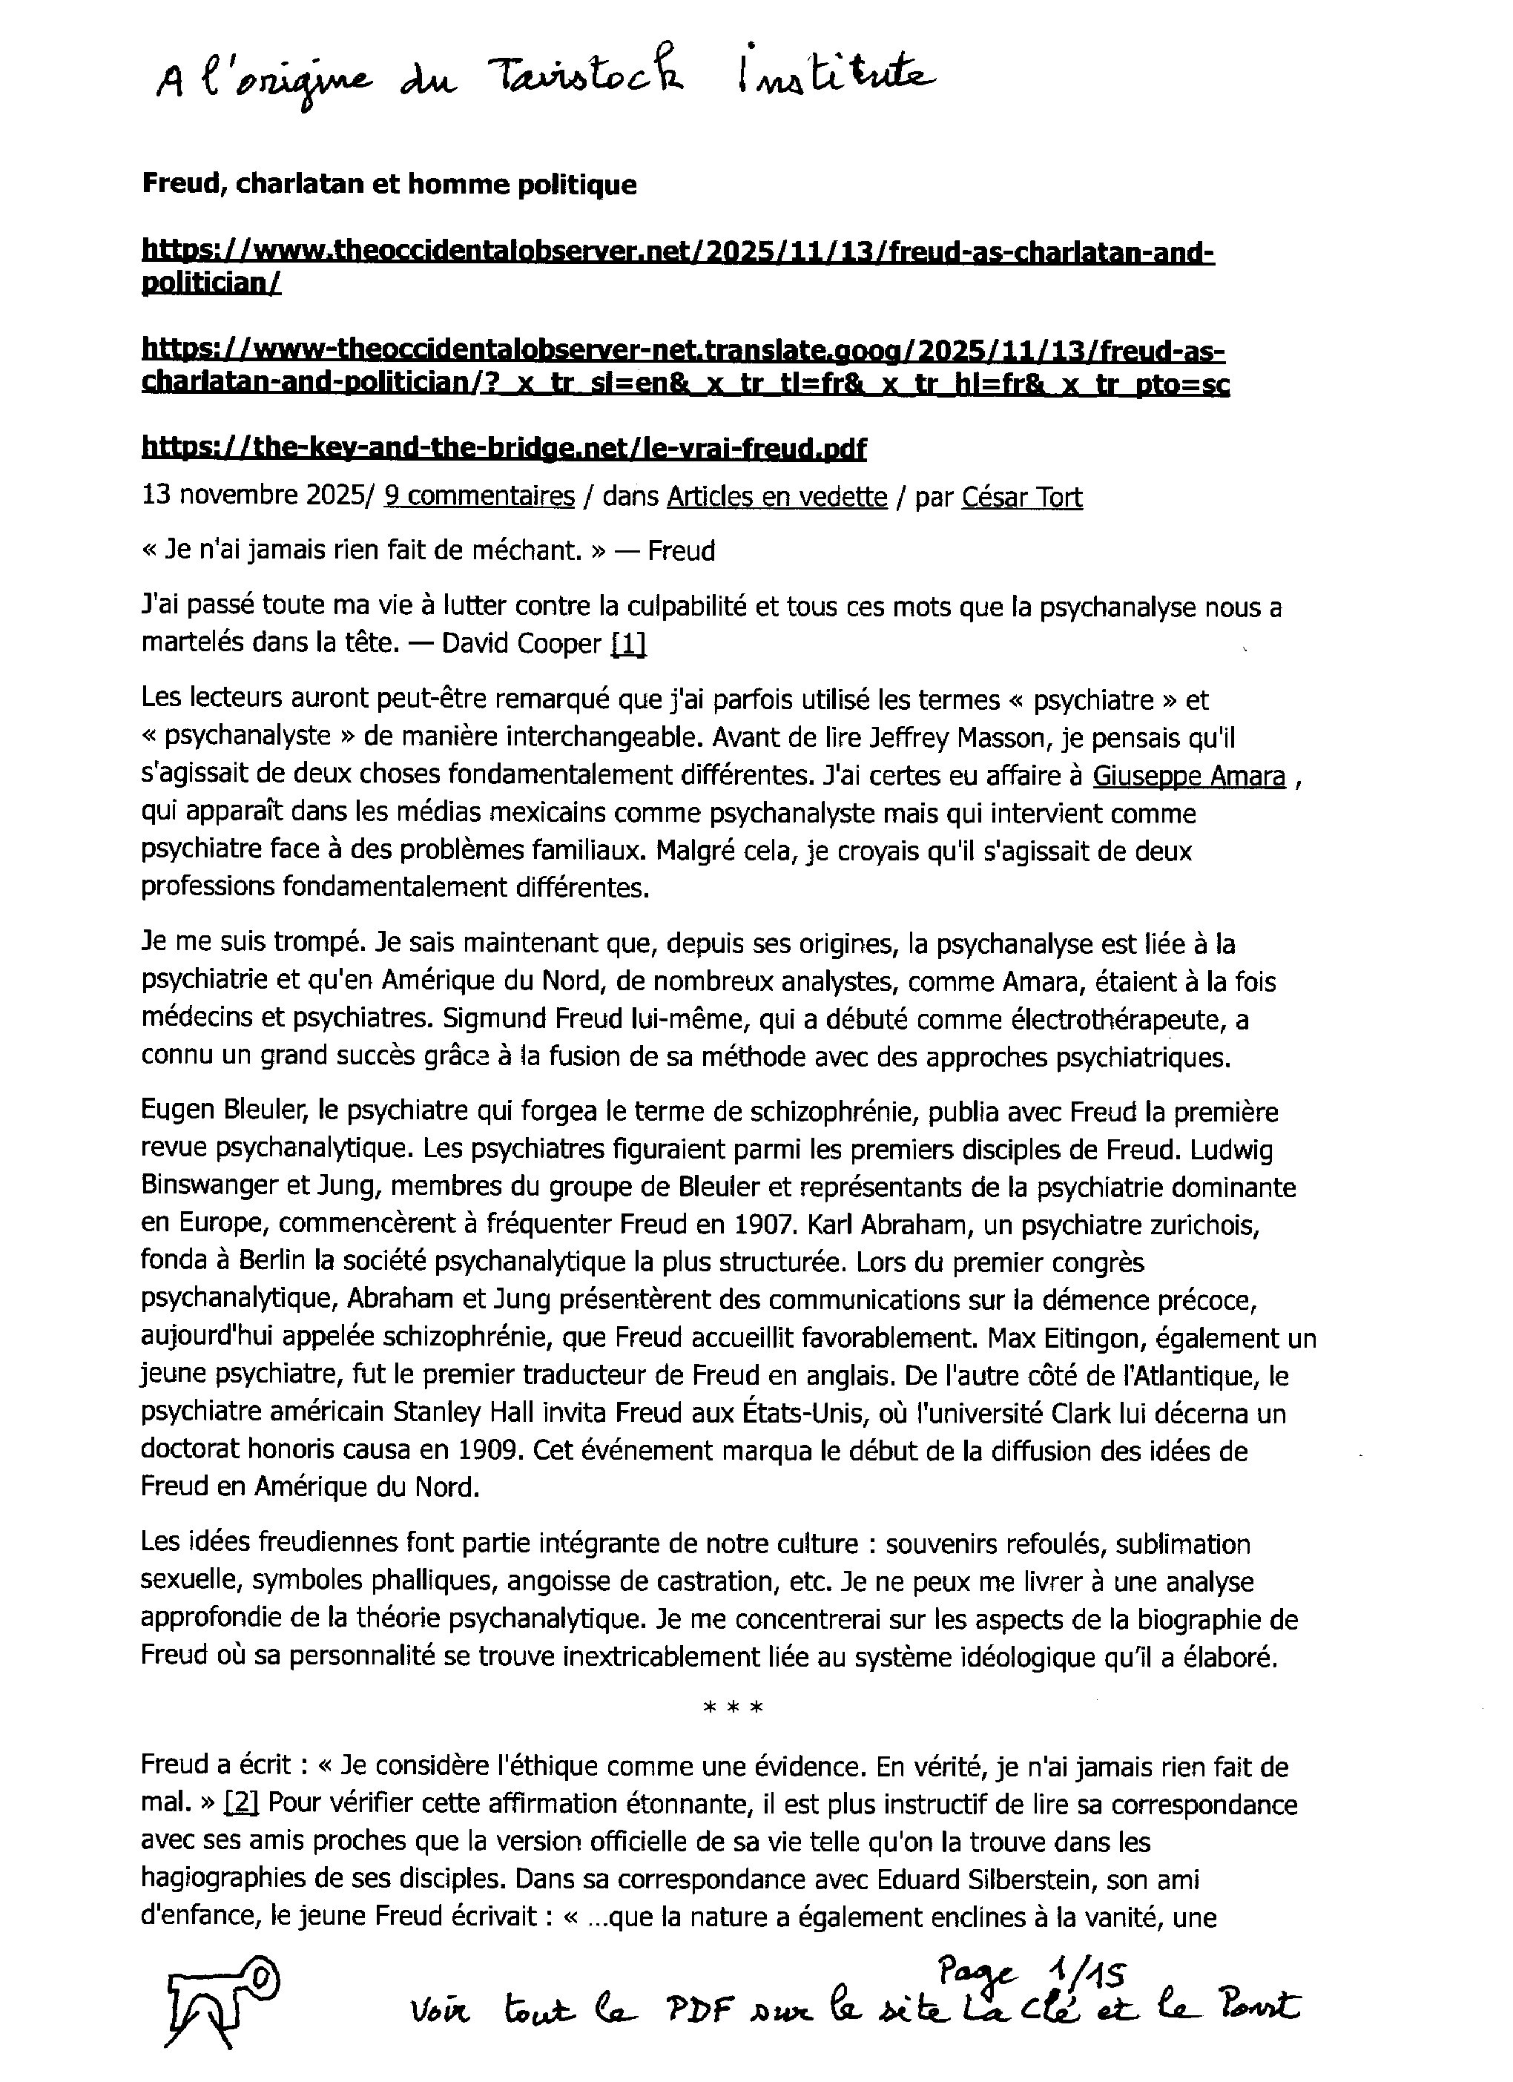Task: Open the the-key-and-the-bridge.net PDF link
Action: (x=503, y=448)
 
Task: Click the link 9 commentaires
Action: (x=478, y=497)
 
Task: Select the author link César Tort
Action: (x=1022, y=497)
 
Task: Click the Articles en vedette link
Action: (x=777, y=497)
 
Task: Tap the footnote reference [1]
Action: (x=628, y=644)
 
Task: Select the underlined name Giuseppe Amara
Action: (x=1188, y=776)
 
